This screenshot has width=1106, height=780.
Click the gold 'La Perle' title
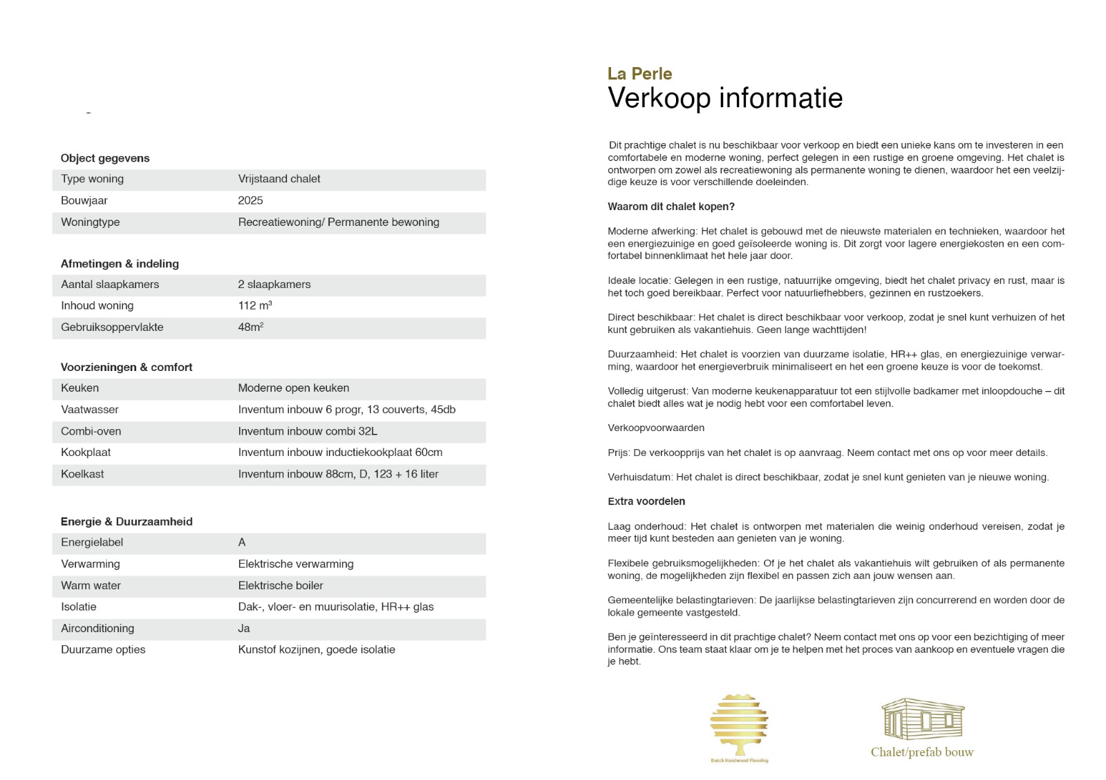pos(639,74)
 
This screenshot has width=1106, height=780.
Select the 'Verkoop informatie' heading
pos(724,98)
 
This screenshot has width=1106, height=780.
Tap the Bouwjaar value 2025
pos(250,200)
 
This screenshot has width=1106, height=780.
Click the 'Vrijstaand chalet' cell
pos(279,179)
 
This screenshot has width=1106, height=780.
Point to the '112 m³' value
pos(255,305)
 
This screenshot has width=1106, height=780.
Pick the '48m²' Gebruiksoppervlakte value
pos(251,327)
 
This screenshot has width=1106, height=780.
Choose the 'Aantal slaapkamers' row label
pos(110,284)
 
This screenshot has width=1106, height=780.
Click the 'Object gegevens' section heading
pos(105,158)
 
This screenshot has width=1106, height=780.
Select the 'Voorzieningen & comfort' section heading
pos(126,367)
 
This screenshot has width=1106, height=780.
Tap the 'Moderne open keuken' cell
pos(294,388)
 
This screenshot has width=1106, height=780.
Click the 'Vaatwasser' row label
pos(90,410)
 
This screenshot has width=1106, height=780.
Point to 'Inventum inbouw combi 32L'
pos(308,431)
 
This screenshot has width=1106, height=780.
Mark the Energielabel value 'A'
pos(242,542)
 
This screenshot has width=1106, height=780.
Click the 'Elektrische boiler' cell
pos(281,585)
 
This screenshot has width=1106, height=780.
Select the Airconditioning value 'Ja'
pos(244,628)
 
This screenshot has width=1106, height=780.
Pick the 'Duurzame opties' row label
pos(103,649)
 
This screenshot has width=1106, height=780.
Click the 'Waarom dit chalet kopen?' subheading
pos(671,207)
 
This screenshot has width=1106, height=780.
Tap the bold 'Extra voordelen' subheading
pos(646,502)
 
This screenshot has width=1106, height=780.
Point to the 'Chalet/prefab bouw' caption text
pos(921,752)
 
